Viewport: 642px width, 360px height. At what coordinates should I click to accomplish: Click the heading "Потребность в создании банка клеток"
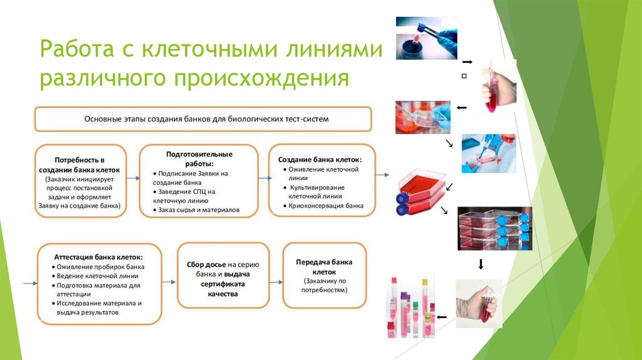coord(79,165)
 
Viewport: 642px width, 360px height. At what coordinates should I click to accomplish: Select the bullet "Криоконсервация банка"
coord(325,205)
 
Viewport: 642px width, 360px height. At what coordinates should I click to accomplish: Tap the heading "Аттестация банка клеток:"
coord(98,257)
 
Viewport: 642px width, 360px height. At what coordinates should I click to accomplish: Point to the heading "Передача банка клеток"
coord(324,267)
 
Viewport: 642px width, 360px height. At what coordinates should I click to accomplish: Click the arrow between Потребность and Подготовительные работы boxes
coord(132,179)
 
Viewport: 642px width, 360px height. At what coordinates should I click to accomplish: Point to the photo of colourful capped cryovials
coord(410,308)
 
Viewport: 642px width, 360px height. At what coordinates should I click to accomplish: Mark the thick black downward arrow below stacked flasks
coord(481,265)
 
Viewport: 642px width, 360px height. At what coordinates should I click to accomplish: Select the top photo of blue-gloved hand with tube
coord(426,38)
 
